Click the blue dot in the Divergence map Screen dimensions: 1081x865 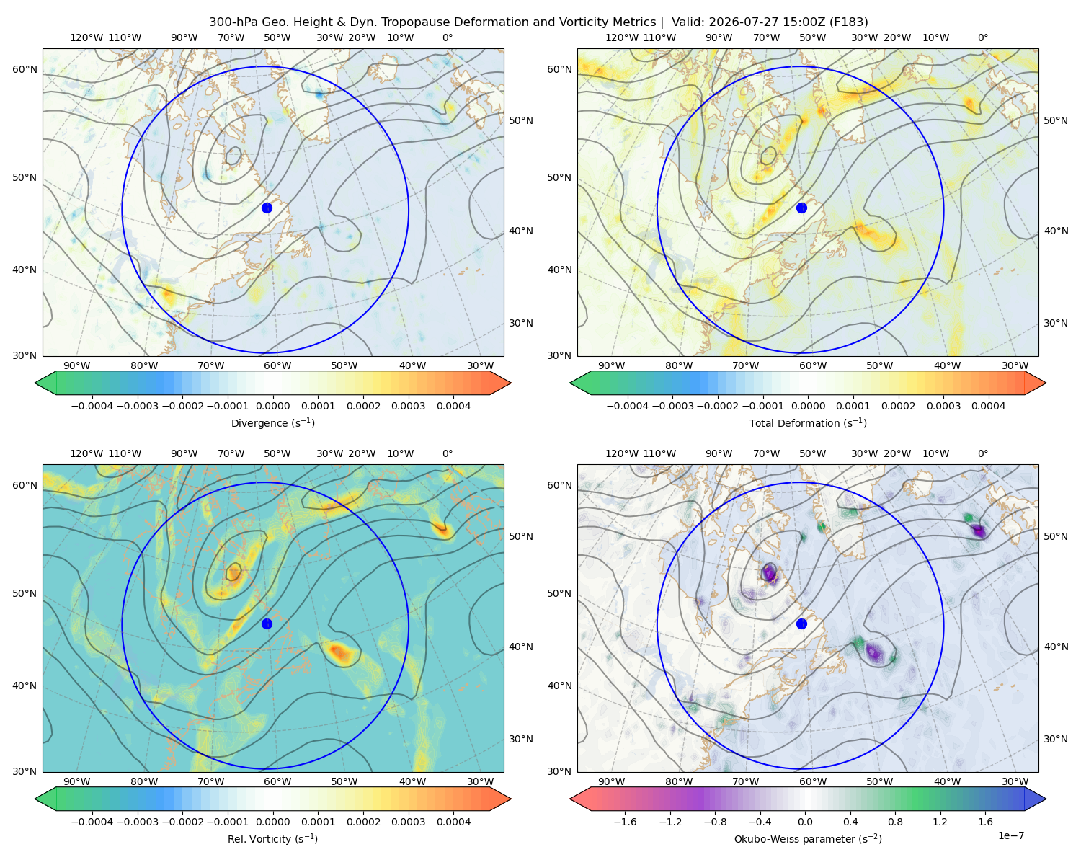click(267, 208)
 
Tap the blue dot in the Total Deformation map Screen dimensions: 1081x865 click(801, 208)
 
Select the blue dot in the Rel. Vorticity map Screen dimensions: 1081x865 click(267, 624)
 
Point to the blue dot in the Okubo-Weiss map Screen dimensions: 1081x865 click(801, 624)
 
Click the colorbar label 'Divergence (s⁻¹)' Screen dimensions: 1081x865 click(272, 422)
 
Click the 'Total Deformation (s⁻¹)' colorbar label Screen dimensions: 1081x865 click(808, 422)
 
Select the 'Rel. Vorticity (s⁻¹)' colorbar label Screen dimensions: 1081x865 click(272, 838)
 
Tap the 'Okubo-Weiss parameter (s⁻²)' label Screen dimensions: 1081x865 click(808, 838)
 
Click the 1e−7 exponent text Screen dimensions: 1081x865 click(1010, 835)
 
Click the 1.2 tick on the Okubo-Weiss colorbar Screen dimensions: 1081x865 click(940, 821)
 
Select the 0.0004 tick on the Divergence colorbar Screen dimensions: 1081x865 click(453, 406)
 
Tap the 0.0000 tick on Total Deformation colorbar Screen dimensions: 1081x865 click(808, 406)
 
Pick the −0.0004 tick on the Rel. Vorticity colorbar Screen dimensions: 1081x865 click(92, 821)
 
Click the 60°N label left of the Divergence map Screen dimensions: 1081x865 click(25, 69)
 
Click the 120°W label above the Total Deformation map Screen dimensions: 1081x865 click(621, 37)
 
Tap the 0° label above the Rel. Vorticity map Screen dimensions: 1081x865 click(448, 453)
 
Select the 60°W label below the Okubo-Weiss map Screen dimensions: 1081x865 click(812, 781)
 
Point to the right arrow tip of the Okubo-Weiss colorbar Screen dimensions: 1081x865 click(1046, 799)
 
